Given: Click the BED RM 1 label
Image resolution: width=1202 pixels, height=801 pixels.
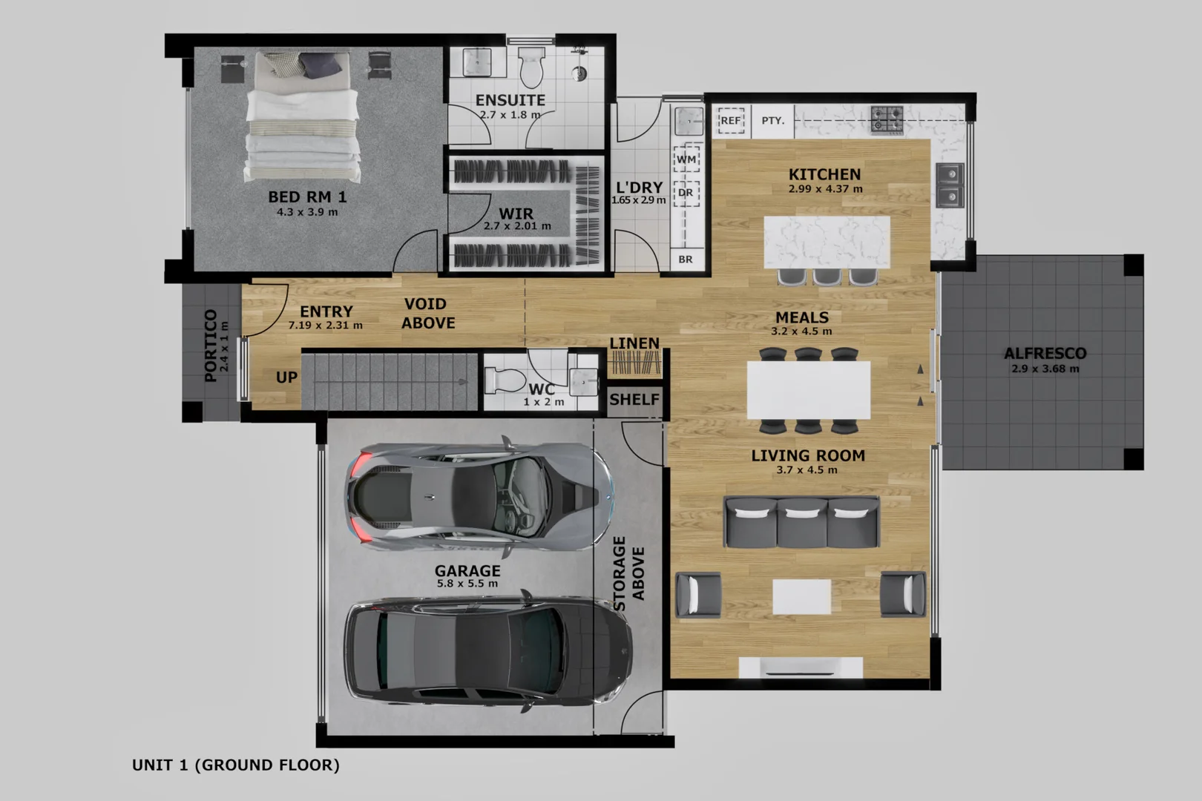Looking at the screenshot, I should [x=307, y=197].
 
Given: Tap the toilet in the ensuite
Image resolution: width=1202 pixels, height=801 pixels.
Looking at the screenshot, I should [x=531, y=67].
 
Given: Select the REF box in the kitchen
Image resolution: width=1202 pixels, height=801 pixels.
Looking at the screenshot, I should [x=731, y=120].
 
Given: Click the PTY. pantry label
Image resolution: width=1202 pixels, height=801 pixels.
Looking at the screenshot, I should [x=772, y=120].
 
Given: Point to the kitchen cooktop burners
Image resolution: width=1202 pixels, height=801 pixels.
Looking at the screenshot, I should [x=887, y=119].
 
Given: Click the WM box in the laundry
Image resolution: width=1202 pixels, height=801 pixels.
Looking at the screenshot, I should [x=686, y=159].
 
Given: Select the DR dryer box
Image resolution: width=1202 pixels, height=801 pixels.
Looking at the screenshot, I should [x=686, y=193].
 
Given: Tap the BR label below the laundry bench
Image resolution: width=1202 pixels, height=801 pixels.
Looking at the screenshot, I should [x=686, y=260].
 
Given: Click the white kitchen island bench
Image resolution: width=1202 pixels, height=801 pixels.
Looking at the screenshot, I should [x=827, y=242].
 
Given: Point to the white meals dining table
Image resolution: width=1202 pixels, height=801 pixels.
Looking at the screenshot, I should [x=808, y=390].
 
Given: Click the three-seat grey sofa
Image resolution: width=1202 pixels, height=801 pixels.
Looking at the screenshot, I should [x=801, y=522].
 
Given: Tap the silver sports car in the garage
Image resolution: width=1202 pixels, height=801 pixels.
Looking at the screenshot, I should [x=479, y=495].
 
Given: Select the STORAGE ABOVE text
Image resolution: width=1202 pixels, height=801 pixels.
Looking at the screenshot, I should [x=628, y=573].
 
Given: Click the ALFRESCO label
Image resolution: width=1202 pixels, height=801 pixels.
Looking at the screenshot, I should [x=1045, y=354].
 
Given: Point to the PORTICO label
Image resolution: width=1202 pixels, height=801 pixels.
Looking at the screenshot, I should [x=211, y=346].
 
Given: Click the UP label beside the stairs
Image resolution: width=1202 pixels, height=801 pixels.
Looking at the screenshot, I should [x=286, y=378].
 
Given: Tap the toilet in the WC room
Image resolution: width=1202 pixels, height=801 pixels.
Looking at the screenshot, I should [x=505, y=380].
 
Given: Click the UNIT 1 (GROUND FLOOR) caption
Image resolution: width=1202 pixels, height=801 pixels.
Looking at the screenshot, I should [x=235, y=765].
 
